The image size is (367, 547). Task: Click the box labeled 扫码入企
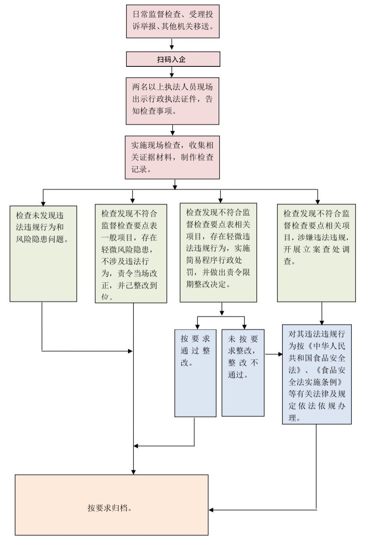[x=173, y=59]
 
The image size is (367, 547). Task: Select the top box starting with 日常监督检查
[x=173, y=21]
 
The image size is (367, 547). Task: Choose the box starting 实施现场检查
[x=172, y=157]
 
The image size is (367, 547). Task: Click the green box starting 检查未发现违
[x=43, y=254]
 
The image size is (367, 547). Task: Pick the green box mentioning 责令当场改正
[x=131, y=254]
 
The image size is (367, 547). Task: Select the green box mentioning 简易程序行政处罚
[x=218, y=252]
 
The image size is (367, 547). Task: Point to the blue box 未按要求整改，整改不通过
[x=243, y=373]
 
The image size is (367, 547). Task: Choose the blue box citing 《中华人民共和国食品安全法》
[x=317, y=374]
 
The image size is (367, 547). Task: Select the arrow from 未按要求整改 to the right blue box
[x=274, y=354]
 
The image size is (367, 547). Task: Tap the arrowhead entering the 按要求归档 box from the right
[x=212, y=510]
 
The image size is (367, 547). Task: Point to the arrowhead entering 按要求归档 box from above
[x=133, y=472]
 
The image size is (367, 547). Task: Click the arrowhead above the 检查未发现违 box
[x=43, y=203]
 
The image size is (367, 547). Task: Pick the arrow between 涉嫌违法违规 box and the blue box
[x=322, y=313]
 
